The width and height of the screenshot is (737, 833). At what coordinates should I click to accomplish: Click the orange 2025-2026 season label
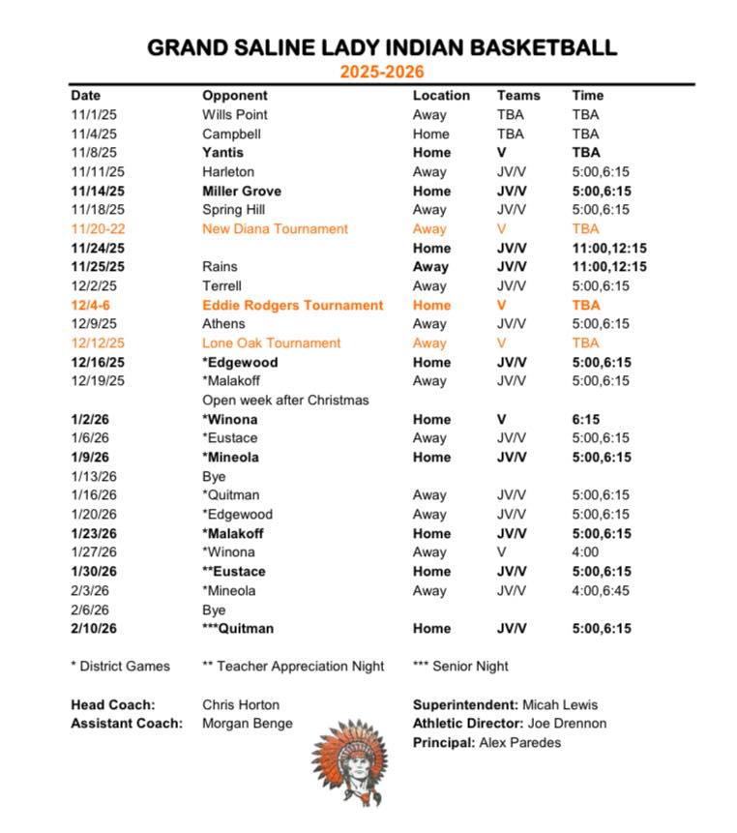(381, 72)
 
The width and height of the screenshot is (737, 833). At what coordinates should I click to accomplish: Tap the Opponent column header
(234, 96)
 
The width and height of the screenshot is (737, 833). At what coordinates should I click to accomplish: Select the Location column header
(441, 96)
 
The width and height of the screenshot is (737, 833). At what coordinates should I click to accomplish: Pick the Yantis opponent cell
(222, 153)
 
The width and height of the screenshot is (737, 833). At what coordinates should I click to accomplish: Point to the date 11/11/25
(98, 171)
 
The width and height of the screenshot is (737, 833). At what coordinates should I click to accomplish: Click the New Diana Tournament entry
(275, 229)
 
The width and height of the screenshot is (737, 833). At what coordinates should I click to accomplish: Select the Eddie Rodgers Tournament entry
(292, 305)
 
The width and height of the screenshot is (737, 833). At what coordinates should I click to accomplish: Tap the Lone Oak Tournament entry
(271, 343)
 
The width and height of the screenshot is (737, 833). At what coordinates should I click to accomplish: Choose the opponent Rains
(220, 267)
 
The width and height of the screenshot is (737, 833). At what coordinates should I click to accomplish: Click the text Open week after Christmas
(285, 400)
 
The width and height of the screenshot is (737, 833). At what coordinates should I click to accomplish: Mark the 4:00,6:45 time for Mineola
(601, 590)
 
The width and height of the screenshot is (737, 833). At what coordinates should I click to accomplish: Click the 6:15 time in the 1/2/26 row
(586, 419)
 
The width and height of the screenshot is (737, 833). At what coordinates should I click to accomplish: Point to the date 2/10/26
(97, 629)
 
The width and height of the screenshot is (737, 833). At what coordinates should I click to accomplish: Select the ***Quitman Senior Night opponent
(238, 629)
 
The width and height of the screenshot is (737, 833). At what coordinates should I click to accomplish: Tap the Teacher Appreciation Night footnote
(293, 666)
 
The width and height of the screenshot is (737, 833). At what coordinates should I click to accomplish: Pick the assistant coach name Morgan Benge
(248, 724)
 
